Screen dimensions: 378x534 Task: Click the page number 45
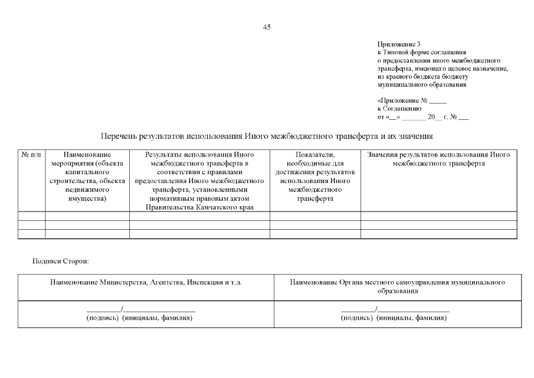pyautogui.click(x=267, y=27)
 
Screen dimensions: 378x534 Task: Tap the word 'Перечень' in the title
pyautogui.click(x=119, y=136)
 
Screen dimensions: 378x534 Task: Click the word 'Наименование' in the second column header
pyautogui.click(x=87, y=155)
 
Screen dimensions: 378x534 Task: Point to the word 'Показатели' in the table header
pyautogui.click(x=315, y=155)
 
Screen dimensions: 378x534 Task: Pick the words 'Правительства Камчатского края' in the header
pyautogui.click(x=199, y=207)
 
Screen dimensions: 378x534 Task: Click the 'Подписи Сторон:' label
pyautogui.click(x=61, y=260)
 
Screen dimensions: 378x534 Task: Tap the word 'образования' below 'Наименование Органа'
pyautogui.click(x=397, y=291)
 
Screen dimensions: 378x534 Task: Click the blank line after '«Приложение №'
pyautogui.click(x=438, y=101)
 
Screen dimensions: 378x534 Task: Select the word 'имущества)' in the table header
pyautogui.click(x=87, y=199)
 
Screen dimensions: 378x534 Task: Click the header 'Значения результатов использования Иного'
pyautogui.click(x=438, y=155)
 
